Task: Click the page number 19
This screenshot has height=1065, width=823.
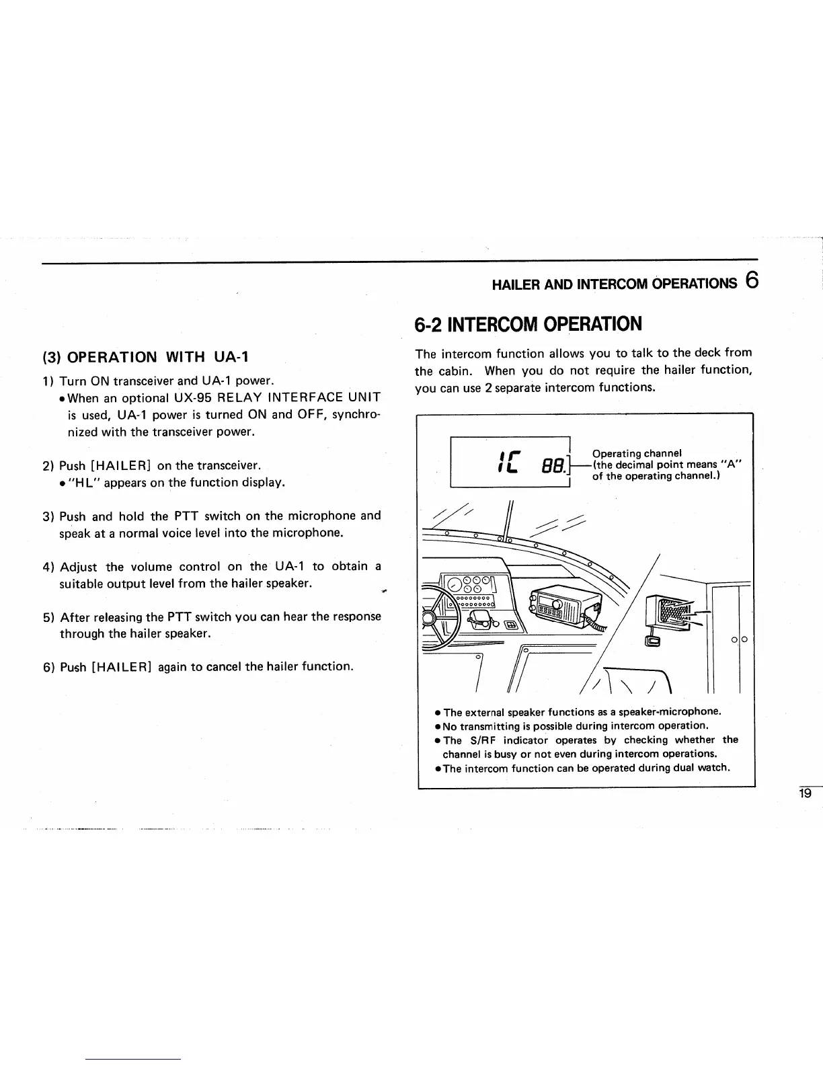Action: (805, 793)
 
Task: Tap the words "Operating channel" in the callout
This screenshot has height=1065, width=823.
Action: (637, 452)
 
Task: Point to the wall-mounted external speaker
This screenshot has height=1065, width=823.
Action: (668, 614)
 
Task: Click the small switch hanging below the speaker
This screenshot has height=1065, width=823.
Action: (653, 641)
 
